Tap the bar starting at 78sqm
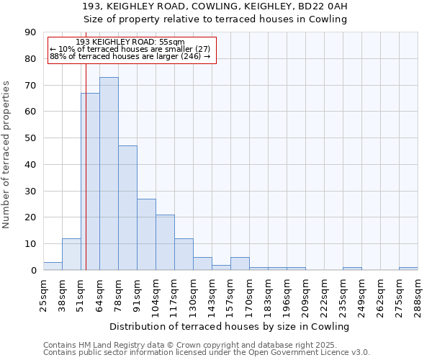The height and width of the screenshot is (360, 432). click(127, 208)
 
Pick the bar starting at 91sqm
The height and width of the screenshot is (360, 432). click(146, 235)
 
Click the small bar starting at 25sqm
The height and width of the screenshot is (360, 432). click(53, 266)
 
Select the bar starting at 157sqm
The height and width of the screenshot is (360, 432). click(240, 264)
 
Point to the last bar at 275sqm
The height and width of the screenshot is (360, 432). click(408, 269)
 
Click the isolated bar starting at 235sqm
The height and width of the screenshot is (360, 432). click(352, 269)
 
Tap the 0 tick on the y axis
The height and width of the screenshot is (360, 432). click(33, 271)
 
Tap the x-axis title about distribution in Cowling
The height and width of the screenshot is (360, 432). click(230, 326)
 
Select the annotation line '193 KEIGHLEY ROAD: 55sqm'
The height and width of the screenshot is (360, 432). click(130, 42)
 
